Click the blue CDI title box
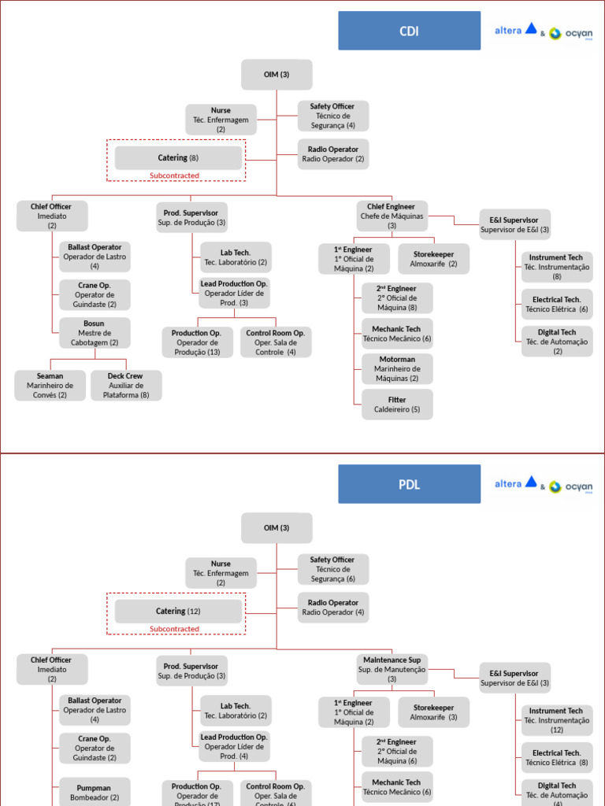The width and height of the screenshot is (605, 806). point(409,31)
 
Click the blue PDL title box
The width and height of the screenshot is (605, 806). point(409,484)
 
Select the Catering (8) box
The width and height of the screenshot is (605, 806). point(178,158)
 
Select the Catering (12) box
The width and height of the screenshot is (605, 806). point(178,612)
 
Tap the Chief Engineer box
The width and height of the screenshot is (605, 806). point(392,216)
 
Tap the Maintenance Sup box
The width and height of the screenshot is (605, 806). point(392,669)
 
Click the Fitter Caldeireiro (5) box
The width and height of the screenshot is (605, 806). point(397,405)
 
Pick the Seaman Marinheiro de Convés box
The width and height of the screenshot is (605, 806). point(50,386)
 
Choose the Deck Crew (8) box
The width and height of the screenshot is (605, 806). point(126,386)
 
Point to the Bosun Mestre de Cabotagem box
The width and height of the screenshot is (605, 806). point(94,333)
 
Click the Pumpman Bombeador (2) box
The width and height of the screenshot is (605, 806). point(94,792)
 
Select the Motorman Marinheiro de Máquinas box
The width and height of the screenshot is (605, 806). point(397,368)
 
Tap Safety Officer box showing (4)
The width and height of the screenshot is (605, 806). point(332,116)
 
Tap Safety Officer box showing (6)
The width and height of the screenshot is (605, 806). point(332,569)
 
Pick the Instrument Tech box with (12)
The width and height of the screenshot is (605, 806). point(557,720)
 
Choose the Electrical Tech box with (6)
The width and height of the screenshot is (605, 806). point(557,305)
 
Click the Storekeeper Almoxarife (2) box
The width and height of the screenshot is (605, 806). point(433,259)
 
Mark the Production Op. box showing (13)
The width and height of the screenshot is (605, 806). point(197,342)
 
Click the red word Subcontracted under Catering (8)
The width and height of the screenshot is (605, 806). point(175,176)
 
